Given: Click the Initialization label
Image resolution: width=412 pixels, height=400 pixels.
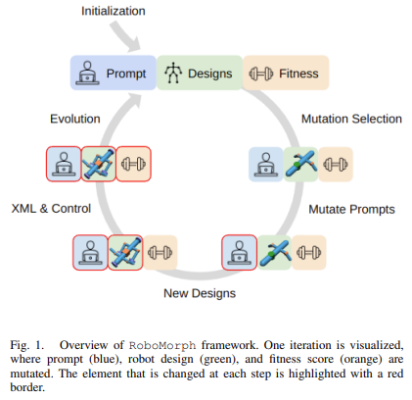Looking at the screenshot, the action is [114, 11].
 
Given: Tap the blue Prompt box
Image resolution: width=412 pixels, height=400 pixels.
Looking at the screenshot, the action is [114, 73].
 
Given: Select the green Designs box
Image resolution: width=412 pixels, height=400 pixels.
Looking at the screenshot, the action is [200, 73].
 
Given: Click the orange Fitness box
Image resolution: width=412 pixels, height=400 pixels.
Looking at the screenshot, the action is [286, 73].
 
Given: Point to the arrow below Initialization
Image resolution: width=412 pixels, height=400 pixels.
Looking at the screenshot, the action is [124, 37].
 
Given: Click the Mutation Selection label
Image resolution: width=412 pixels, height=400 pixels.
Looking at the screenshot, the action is [351, 119].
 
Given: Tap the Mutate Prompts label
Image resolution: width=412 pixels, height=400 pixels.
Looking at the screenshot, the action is [351, 209].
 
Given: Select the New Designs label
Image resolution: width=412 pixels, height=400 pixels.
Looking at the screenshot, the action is [200, 293].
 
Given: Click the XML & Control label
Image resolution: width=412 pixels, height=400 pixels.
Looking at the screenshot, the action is [51, 209].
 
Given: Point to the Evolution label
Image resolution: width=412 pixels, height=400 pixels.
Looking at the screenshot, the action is [75, 119].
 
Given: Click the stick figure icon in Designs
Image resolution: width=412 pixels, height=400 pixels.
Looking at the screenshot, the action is [173, 73].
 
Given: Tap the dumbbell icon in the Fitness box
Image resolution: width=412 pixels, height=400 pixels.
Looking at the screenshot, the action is [261, 74].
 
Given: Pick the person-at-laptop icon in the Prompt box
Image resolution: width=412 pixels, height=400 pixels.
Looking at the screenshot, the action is [87, 73].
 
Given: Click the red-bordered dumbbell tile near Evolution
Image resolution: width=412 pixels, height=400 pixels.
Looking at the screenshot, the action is [133, 164].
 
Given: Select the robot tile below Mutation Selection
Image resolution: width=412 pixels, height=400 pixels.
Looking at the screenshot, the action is [300, 164].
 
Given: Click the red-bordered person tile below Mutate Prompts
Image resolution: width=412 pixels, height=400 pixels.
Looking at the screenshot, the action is [239, 253].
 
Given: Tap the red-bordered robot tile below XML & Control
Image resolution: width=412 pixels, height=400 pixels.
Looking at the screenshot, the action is [125, 253].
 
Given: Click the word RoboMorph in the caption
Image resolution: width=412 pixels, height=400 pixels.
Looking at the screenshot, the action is [162, 345].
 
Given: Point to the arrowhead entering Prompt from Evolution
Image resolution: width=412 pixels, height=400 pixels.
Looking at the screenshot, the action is [134, 100].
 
